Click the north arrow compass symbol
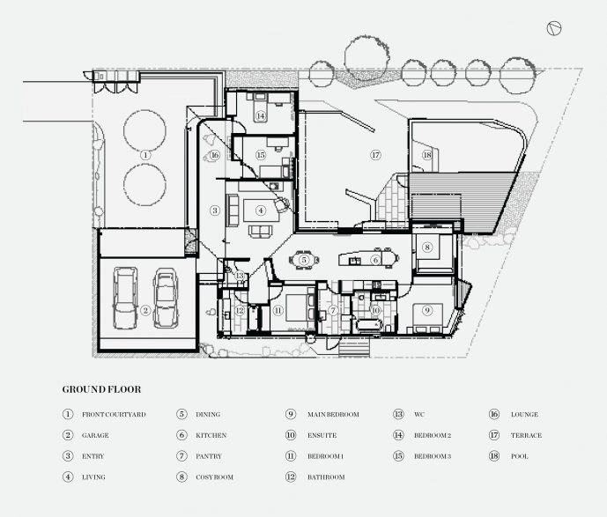click(554, 28)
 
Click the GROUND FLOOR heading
click(101, 388)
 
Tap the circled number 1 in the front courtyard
click(145, 153)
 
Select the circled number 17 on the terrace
click(375, 155)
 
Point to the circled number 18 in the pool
click(427, 155)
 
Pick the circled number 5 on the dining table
click(303, 260)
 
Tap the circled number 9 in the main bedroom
click(426, 310)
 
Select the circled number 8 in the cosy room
click(427, 248)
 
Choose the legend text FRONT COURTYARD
click(114, 414)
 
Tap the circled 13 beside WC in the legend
click(398, 414)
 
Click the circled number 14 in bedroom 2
click(261, 115)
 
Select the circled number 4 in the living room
click(261, 210)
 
